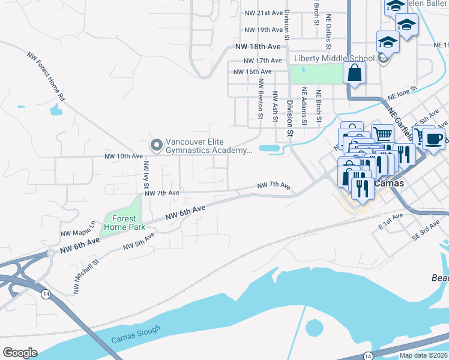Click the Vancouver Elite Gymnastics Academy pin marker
click(156, 145)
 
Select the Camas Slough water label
click(136, 335)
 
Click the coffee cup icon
click(434, 139)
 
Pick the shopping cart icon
click(382, 134)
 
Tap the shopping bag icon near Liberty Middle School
click(355, 74)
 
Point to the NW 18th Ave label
click(258, 46)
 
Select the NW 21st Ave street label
click(263, 13)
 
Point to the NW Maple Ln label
click(77, 229)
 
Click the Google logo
click(20, 352)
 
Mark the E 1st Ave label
click(390, 220)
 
